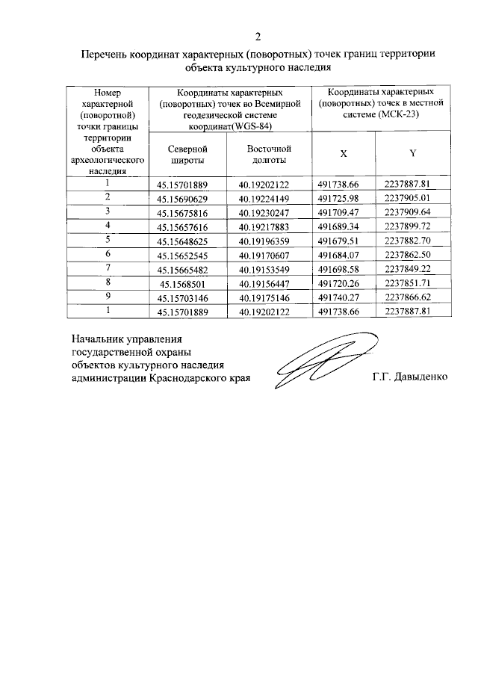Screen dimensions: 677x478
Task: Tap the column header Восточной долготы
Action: point(269,154)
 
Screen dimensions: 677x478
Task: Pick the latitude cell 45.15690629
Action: point(183,199)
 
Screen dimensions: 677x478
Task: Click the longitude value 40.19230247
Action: point(269,213)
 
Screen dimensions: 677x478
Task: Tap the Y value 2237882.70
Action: point(412,241)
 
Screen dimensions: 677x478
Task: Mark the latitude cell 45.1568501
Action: point(184,282)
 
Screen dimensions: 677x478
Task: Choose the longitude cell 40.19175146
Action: point(269,297)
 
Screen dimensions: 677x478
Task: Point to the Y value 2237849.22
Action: point(412,269)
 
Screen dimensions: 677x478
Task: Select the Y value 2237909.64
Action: point(412,212)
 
